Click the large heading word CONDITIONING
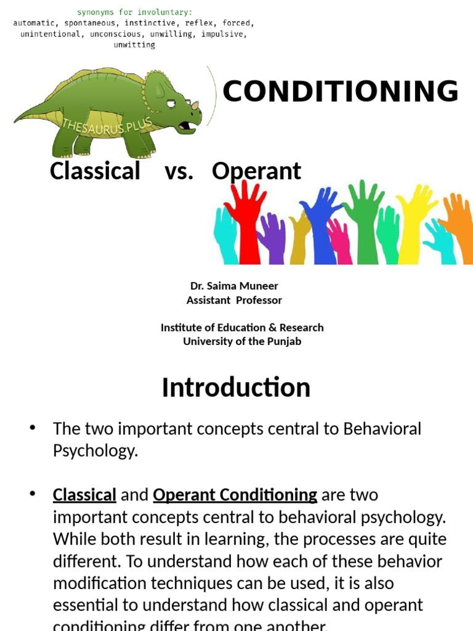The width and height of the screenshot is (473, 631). pyautogui.click(x=340, y=92)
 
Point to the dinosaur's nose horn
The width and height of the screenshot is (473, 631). pyautogui.click(x=195, y=105)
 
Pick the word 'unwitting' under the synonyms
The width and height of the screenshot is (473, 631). pyautogui.click(x=135, y=45)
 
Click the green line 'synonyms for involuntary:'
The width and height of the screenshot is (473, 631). pyautogui.click(x=135, y=12)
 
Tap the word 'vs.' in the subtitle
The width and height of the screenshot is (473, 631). pyautogui.click(x=179, y=171)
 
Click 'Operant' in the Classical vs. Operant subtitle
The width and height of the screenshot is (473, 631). pyautogui.click(x=256, y=171)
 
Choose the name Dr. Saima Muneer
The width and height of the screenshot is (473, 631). pyautogui.click(x=234, y=286)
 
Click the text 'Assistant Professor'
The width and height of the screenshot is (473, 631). pyautogui.click(x=234, y=300)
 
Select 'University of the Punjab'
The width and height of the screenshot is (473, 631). pyautogui.click(x=242, y=341)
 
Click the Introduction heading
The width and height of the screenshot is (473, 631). pyautogui.click(x=236, y=388)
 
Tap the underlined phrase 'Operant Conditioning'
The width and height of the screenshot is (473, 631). pyautogui.click(x=235, y=495)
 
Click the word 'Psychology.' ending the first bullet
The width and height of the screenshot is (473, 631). pyautogui.click(x=95, y=450)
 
